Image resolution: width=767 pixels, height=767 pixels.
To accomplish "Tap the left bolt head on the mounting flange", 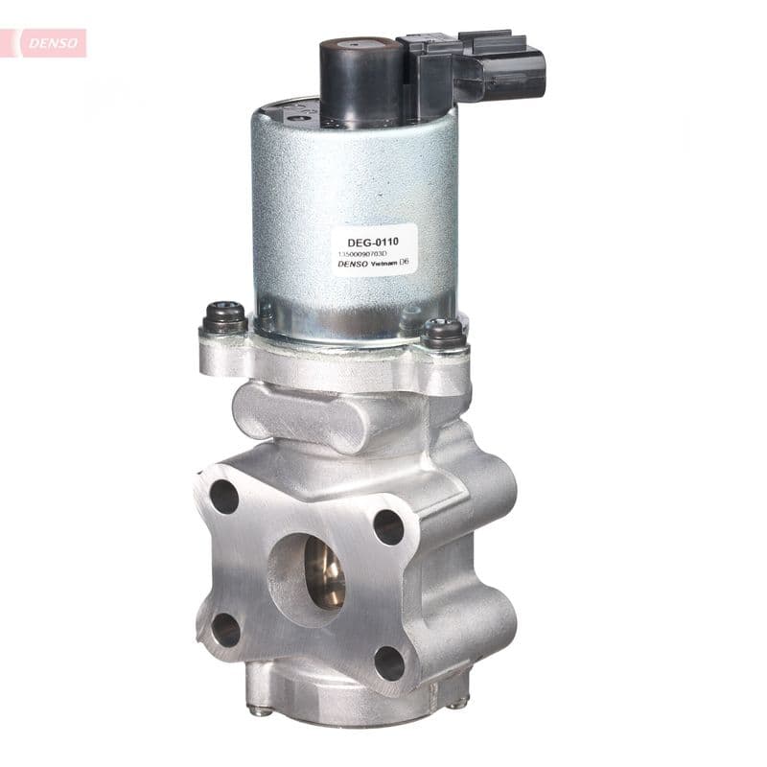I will (224, 317).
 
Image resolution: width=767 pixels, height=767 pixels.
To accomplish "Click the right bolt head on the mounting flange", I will (444, 332).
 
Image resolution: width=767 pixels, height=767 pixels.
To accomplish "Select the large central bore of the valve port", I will (322, 572).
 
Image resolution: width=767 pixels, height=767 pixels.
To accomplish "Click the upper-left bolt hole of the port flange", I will (224, 496).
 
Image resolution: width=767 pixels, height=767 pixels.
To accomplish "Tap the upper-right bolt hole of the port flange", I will (388, 526).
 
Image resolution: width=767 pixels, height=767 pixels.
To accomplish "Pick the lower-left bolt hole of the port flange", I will (225, 630).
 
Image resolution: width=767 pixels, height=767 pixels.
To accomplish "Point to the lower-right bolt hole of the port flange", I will (388, 662).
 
